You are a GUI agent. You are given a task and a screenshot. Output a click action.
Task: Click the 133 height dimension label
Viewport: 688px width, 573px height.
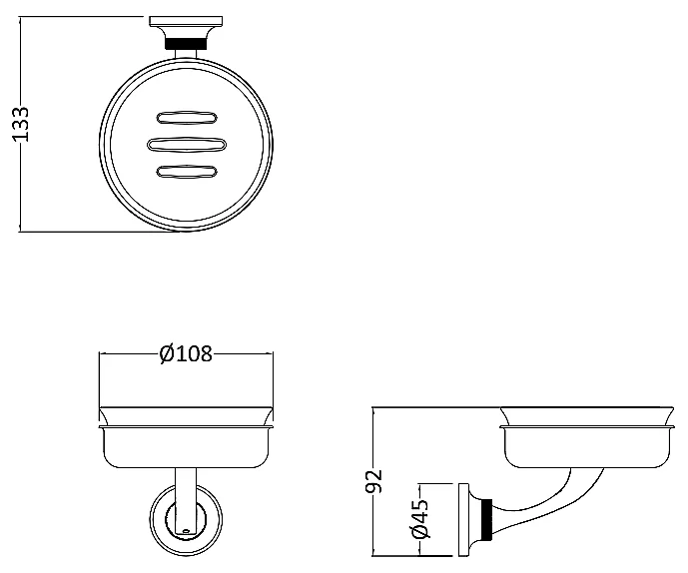[x=20, y=124]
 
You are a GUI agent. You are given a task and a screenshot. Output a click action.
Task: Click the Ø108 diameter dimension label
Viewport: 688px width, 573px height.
[x=186, y=353]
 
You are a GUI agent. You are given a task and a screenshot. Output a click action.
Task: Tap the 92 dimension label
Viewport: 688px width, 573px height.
[x=374, y=481]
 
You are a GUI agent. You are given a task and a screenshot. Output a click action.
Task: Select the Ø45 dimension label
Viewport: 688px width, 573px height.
[x=419, y=519]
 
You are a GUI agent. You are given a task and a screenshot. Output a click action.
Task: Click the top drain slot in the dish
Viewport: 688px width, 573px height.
[x=187, y=118]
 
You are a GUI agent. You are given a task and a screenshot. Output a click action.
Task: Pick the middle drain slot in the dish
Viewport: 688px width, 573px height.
[x=187, y=145]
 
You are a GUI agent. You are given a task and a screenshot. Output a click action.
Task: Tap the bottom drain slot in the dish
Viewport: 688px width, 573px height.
[x=187, y=172]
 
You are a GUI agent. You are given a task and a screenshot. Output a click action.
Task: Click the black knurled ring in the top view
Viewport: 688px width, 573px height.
[x=186, y=44]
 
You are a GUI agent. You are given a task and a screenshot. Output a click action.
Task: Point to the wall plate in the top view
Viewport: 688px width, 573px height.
[x=186, y=21]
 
